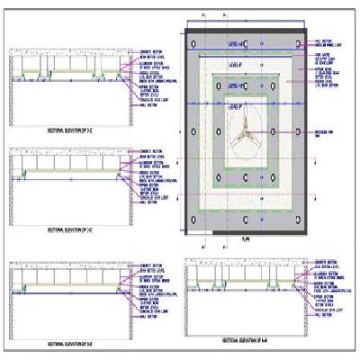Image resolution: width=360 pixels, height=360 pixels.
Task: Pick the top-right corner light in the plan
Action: point(298,43)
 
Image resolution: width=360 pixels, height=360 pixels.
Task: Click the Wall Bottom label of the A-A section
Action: point(320,316)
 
